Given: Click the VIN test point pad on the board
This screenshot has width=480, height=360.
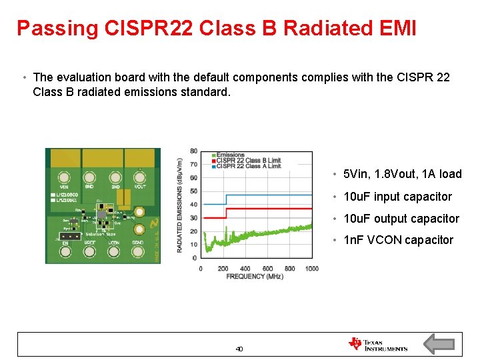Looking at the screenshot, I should (x=64, y=178).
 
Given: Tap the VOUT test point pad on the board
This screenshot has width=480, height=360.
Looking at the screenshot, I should (x=140, y=178).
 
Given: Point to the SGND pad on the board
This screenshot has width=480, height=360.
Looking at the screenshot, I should (x=137, y=253).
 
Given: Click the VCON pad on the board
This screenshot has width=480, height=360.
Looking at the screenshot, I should (x=113, y=253).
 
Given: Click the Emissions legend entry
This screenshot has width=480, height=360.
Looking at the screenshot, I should (x=230, y=155).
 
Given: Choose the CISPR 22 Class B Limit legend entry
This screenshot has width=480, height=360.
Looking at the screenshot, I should (x=248, y=161).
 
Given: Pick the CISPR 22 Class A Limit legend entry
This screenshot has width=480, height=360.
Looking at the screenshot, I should (x=248, y=166).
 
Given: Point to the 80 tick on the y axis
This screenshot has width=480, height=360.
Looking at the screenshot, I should (x=193, y=151).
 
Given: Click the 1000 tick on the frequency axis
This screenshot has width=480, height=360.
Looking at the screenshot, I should (x=311, y=269).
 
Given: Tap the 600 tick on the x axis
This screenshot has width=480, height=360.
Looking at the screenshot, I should (x=267, y=269).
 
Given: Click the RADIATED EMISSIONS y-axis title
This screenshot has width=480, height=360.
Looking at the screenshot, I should (x=180, y=205).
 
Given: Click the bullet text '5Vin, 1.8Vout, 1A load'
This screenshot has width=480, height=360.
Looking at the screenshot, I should (x=402, y=174).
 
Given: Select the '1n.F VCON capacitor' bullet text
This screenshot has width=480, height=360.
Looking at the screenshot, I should (x=398, y=240).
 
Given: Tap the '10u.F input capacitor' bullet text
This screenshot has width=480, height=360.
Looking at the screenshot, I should (x=397, y=197).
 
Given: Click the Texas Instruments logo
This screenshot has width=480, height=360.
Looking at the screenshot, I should (x=377, y=344).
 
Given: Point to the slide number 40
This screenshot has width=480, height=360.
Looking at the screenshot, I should (x=239, y=349).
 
